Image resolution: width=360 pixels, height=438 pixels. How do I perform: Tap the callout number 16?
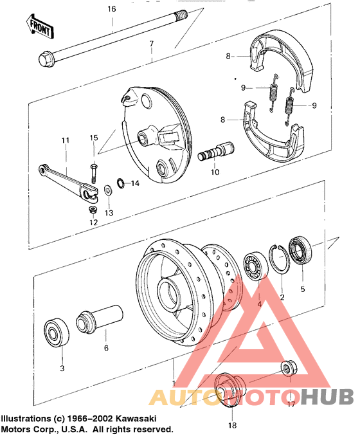tap(112, 9)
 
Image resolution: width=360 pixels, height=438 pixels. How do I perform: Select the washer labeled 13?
tap(107, 190)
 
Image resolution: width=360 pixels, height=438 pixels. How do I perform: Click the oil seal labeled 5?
tap(300, 250)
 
